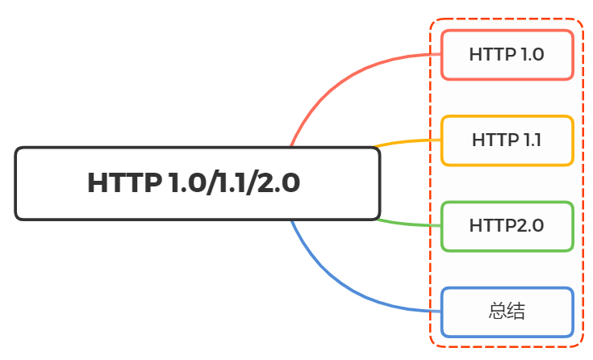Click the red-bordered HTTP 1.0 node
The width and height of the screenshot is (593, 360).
tap(507, 55)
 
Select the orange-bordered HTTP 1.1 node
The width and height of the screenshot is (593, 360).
tap(507, 140)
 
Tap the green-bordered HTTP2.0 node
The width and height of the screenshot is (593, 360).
tap(507, 226)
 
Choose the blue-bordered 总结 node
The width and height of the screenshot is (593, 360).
tap(507, 312)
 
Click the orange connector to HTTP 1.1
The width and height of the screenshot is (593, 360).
tap(407, 141)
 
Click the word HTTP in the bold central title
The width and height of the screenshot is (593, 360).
tap(124, 183)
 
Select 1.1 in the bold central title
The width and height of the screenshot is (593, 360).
tap(232, 183)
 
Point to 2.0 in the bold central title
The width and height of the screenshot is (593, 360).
tap(278, 183)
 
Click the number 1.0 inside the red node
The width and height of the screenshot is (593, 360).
tap(532, 55)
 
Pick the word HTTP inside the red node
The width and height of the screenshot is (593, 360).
tap(493, 55)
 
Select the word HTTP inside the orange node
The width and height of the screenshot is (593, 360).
tap(495, 140)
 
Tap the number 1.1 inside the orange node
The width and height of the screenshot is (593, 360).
tap(532, 140)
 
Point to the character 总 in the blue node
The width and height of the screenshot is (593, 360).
tap(497, 311)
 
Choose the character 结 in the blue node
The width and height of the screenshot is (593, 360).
tap(516, 311)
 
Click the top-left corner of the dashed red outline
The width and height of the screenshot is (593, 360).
tap(430, 19)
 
